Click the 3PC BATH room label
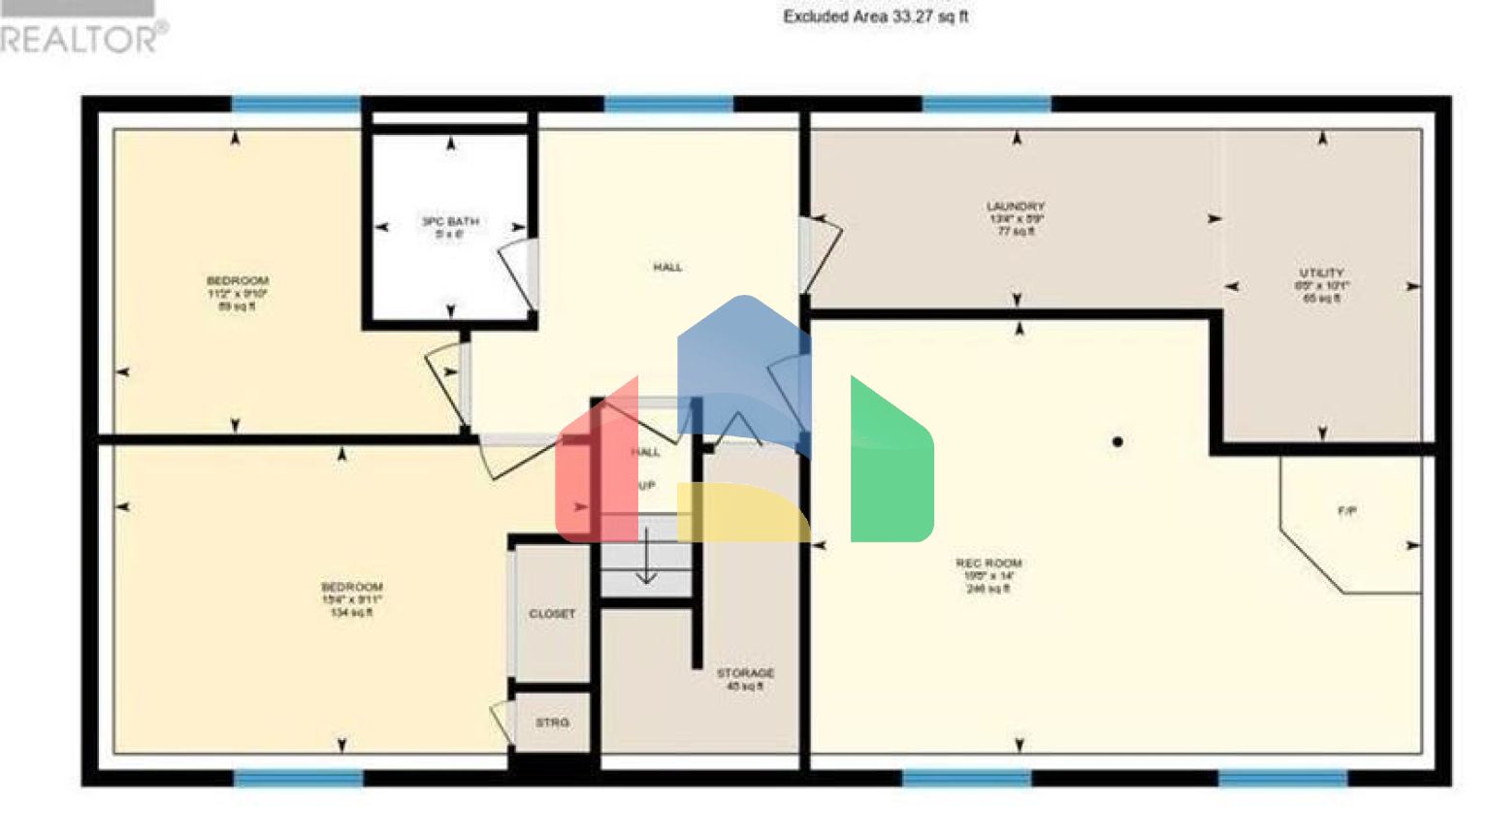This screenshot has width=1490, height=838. [x=450, y=222]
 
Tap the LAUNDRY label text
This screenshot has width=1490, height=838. [x=1016, y=207]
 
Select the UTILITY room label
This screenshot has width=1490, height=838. [x=1322, y=274]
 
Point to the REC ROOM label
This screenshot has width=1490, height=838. [x=988, y=564]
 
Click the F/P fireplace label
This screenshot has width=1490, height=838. [x=1347, y=511]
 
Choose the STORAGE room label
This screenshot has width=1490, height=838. [x=745, y=673]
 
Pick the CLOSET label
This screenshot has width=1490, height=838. [x=552, y=614]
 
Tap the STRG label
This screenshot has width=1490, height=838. [x=552, y=723]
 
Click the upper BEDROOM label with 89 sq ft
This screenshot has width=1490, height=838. [x=238, y=281]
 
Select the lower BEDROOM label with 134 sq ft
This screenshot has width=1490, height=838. [x=352, y=588]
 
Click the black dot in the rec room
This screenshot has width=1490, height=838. [x=1117, y=442]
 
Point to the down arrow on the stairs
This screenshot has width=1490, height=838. [x=646, y=563]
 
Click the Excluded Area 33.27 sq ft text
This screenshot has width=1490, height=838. [x=875, y=16]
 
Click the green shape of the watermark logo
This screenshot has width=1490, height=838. [x=891, y=466]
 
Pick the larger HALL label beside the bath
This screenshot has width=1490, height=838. [x=667, y=267]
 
